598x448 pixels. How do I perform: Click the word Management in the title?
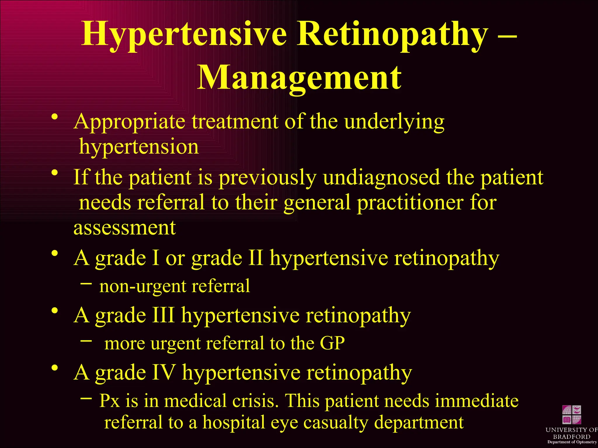(299, 78)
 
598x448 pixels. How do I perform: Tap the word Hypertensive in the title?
(184, 34)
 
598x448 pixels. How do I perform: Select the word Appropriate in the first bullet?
(129, 122)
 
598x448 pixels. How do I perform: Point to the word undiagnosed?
(381, 178)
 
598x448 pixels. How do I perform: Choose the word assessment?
(125, 228)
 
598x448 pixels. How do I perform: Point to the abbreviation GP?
(332, 343)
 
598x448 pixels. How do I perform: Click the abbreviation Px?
(109, 401)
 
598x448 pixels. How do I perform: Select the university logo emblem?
(571, 414)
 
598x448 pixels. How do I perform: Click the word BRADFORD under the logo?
(571, 437)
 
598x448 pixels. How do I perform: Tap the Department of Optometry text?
(572, 442)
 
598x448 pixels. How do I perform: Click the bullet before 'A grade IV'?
(54, 368)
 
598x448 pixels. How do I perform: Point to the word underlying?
(394, 122)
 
